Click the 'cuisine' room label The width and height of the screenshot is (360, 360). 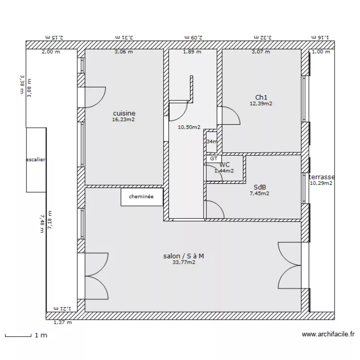[x=124, y=113]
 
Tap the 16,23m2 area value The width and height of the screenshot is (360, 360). [x=124, y=120]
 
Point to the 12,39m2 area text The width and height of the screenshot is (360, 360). [x=261, y=103]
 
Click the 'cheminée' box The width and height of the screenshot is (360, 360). [x=142, y=196]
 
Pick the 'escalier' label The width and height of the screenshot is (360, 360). [x=36, y=160]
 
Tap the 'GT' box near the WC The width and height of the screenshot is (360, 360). [x=214, y=158]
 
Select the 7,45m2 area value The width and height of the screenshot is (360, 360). [x=259, y=194]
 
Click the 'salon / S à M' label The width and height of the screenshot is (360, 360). [x=183, y=256]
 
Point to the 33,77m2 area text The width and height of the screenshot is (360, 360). [x=183, y=263]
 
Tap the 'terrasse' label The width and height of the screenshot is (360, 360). [x=322, y=177]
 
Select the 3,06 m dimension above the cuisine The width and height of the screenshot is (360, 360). [x=123, y=52]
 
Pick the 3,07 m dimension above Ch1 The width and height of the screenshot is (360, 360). [x=261, y=52]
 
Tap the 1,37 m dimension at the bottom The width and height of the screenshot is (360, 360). [x=62, y=323]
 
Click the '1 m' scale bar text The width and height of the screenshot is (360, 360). [x=41, y=335]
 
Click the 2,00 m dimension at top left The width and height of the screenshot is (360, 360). [x=50, y=52]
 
